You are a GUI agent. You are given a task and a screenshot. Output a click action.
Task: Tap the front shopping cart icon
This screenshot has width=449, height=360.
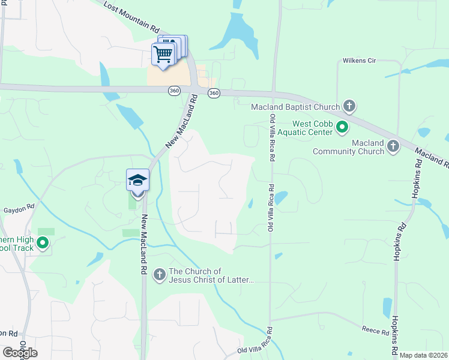(x=163, y=54)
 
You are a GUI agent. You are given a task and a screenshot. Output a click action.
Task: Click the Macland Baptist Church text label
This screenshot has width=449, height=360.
(x=295, y=107)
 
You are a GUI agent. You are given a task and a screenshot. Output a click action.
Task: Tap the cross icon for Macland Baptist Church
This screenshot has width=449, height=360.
(x=349, y=107)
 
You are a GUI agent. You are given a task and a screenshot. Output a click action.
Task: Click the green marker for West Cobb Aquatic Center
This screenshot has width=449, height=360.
(x=342, y=127)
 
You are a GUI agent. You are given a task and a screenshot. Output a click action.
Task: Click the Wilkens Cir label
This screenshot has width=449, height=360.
(x=359, y=60)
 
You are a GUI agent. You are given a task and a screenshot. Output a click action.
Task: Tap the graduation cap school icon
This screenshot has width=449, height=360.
(x=137, y=181)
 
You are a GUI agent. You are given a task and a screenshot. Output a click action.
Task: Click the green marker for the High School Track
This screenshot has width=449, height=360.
(x=43, y=243)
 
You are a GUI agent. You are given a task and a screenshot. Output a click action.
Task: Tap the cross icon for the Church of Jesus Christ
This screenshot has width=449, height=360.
(x=160, y=275)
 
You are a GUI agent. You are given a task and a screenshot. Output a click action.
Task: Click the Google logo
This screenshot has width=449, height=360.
(x=20, y=353)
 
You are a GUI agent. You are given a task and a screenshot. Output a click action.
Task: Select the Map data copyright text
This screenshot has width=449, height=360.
(x=424, y=355)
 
